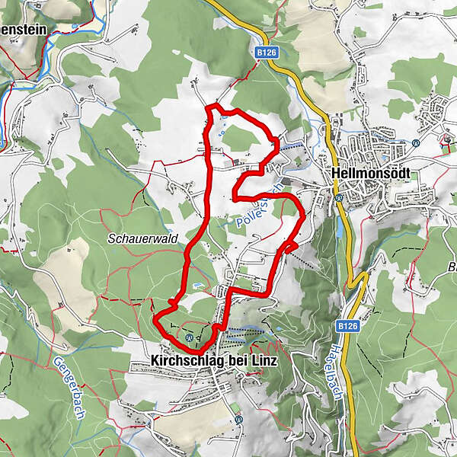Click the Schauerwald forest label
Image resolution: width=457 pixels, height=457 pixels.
pyautogui.click(x=142, y=238)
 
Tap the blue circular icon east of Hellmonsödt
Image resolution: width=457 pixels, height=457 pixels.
pyautogui.click(x=416, y=142)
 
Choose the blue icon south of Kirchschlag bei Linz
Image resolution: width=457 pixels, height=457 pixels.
pyautogui.click(x=238, y=419)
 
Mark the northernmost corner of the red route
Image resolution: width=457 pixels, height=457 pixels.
pyautogui.click(x=216, y=104)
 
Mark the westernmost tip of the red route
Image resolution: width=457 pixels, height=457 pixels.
pyautogui.click(x=155, y=320)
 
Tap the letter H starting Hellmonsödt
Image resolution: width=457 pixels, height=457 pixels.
pyautogui.click(x=337, y=174)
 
